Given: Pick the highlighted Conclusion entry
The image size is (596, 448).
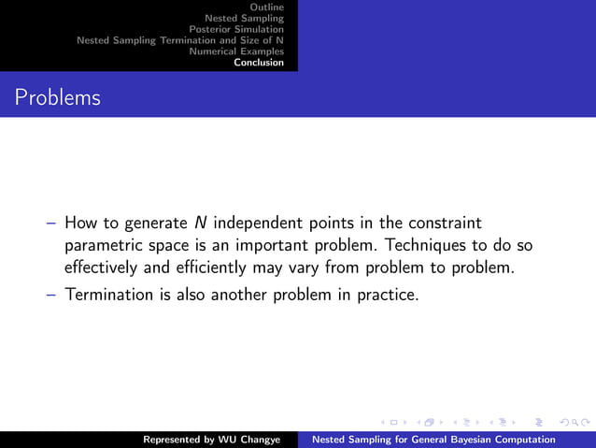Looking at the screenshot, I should click(x=259, y=63).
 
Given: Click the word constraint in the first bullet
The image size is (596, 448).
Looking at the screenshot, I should click(x=447, y=224).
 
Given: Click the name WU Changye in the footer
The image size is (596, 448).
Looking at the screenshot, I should click(x=255, y=439).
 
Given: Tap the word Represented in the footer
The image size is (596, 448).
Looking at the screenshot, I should click(x=176, y=439).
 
